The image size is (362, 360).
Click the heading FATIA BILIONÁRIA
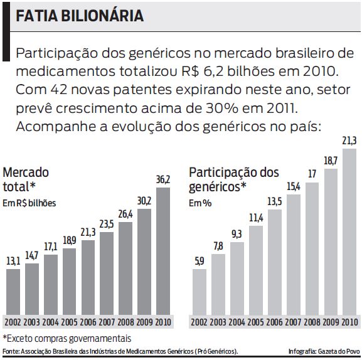[80, 16]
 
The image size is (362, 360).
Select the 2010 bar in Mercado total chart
[163, 251]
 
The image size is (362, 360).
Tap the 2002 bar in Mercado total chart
[13, 291]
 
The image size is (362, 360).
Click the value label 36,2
[162, 180]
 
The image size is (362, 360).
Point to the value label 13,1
[13, 262]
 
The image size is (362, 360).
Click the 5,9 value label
[199, 262]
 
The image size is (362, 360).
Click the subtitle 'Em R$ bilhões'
[29, 203]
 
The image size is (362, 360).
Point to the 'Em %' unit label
[200, 203]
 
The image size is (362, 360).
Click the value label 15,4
[294, 187]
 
